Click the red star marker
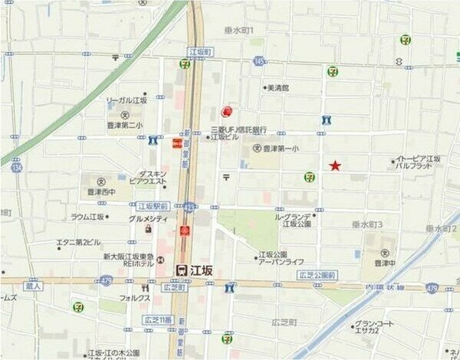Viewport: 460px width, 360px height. (x=335, y=165)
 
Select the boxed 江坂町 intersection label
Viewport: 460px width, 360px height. (x=199, y=51)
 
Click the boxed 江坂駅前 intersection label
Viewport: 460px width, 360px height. (x=153, y=206)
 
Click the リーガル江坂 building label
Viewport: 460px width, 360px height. (x=127, y=101)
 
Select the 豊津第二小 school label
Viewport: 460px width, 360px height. (x=126, y=124)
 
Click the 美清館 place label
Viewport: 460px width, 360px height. (x=277, y=88)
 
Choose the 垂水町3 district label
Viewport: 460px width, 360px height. (x=367, y=224)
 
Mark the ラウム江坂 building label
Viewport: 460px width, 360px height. (x=87, y=218)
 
